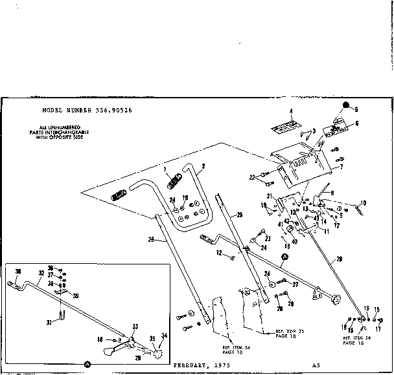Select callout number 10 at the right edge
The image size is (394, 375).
point(364,203)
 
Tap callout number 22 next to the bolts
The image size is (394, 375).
point(253,177)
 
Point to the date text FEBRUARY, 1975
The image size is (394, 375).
point(202,365)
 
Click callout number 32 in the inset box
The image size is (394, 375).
point(40,273)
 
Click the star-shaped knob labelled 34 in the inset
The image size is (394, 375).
point(157,354)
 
